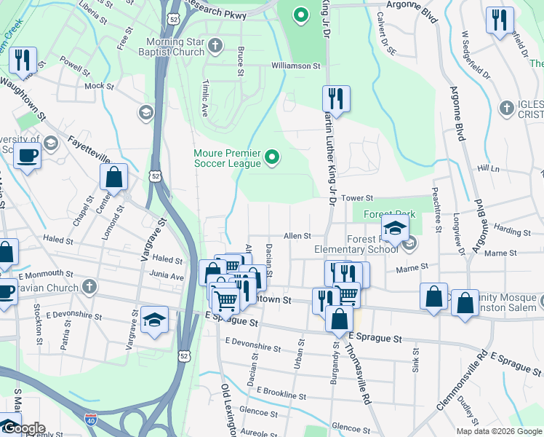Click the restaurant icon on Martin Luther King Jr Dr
(336, 98)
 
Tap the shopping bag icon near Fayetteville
(114, 176)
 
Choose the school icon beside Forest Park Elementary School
(394, 231)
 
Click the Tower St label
(357, 198)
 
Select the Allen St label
(297, 236)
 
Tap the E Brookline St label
(281, 393)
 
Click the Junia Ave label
(167, 276)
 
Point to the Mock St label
(95, 86)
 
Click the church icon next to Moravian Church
(89, 286)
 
